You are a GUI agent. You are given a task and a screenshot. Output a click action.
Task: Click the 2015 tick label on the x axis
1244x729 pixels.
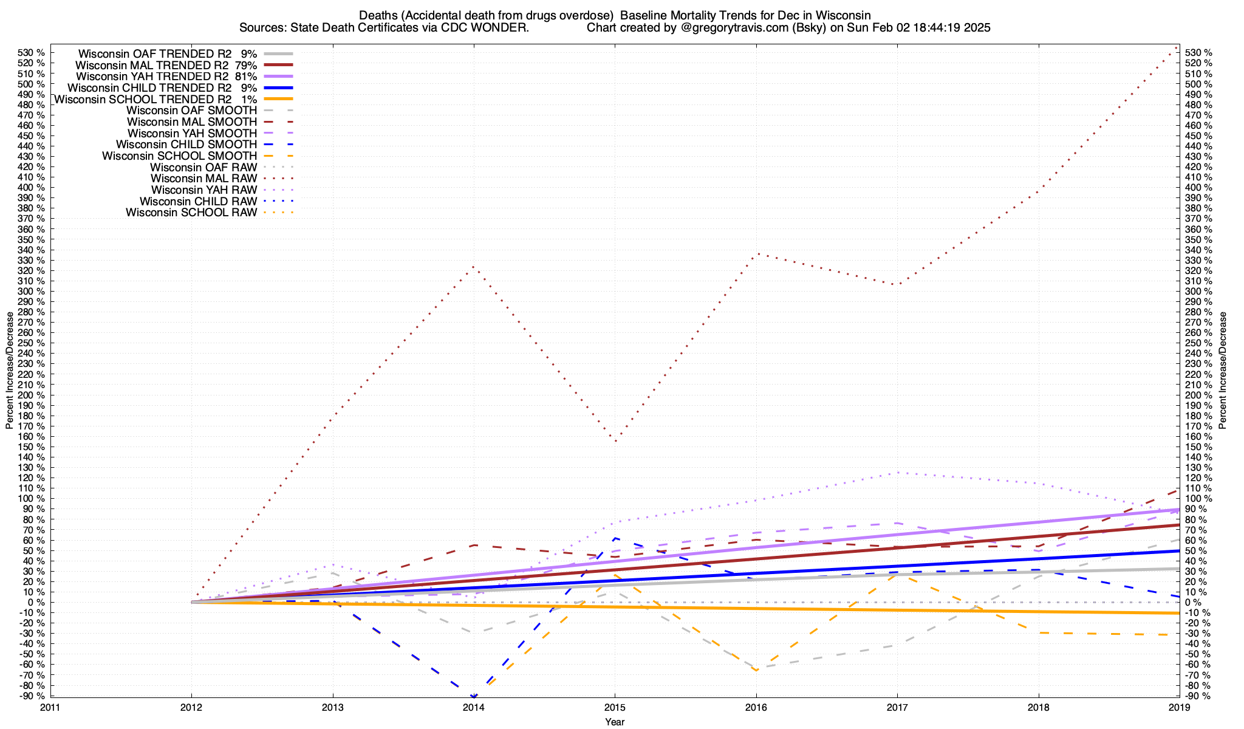click(x=615, y=707)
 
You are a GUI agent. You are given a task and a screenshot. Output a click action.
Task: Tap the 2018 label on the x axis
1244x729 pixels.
click(x=1038, y=707)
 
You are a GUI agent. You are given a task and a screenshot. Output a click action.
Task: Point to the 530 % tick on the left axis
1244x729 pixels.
click(x=32, y=53)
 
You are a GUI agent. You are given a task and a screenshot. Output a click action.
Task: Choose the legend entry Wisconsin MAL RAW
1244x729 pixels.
click(x=203, y=179)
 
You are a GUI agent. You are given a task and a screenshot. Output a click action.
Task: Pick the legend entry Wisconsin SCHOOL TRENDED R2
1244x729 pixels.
click(x=143, y=99)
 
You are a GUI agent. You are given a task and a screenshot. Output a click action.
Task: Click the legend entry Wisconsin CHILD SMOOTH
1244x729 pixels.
click(x=186, y=145)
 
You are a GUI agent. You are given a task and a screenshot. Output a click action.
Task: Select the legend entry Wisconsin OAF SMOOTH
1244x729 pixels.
click(x=192, y=111)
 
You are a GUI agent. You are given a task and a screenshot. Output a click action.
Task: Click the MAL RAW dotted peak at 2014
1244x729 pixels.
click(x=473, y=266)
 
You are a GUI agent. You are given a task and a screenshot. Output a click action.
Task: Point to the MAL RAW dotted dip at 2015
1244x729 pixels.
click(x=615, y=441)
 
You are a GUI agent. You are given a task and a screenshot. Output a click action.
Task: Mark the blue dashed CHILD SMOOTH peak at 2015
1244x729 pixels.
click(x=615, y=538)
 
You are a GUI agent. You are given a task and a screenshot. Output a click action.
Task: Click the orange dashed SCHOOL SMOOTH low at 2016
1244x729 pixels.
click(x=756, y=670)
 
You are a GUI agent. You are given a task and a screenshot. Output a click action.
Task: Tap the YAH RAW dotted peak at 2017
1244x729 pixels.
click(x=897, y=472)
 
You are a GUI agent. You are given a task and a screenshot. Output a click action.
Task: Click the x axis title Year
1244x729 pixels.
click(x=615, y=722)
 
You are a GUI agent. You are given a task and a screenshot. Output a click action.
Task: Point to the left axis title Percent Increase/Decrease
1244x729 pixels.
click(x=10, y=371)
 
